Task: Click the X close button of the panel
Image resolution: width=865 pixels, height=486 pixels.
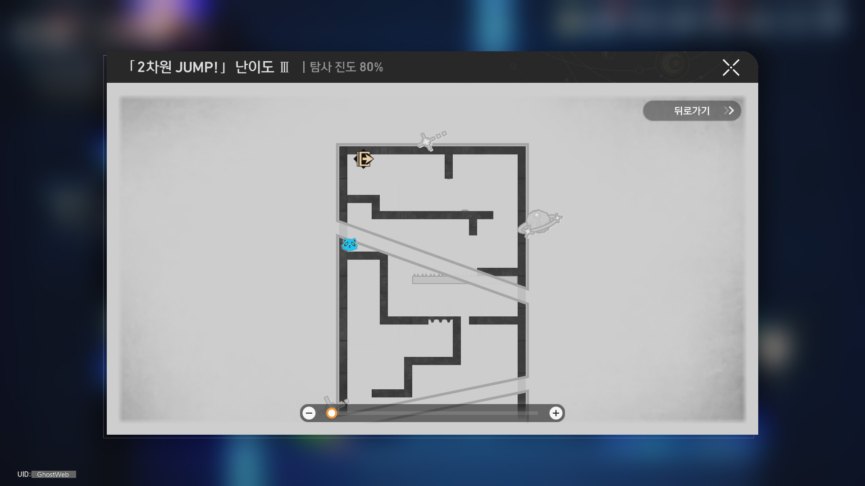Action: (x=731, y=67)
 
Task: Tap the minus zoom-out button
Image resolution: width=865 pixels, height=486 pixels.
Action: (x=309, y=413)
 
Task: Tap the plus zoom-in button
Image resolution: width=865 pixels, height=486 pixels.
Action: (x=556, y=413)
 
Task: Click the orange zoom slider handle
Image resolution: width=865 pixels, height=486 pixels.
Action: (x=332, y=413)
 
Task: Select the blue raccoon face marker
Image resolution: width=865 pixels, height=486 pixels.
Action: (x=349, y=245)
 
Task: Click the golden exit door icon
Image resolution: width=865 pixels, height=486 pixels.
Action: (x=364, y=159)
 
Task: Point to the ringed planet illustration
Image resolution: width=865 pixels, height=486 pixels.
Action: (x=540, y=223)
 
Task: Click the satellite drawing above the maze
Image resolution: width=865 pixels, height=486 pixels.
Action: (x=431, y=140)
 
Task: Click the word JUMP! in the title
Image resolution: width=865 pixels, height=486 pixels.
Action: (x=196, y=67)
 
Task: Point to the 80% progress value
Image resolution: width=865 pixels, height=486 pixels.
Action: (x=371, y=67)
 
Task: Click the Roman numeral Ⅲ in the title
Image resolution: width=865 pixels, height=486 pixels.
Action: (x=284, y=67)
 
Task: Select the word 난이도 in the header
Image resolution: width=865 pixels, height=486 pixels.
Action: (x=255, y=67)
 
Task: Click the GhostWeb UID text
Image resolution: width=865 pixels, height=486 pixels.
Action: (x=53, y=474)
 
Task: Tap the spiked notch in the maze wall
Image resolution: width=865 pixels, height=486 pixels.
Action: (x=440, y=320)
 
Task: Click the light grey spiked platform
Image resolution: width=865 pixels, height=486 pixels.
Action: (x=464, y=279)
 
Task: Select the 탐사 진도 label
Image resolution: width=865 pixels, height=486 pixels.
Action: (x=332, y=67)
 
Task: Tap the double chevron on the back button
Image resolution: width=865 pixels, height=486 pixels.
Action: (x=729, y=111)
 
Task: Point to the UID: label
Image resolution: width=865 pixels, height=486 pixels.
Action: (x=24, y=474)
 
